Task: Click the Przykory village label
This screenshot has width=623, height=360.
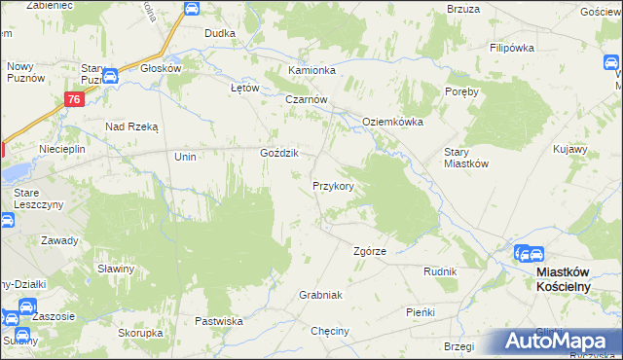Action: [x=339, y=185]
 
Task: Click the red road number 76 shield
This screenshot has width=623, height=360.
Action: [x=74, y=99]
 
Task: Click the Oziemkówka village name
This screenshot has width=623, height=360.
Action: [x=393, y=122]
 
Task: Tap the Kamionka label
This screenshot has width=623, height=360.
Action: [x=311, y=71]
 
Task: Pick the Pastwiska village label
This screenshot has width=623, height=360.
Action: [x=218, y=320]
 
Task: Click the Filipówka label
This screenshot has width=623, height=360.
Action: [x=514, y=47]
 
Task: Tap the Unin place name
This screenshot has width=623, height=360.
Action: [x=185, y=157]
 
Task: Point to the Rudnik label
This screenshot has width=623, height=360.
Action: [x=440, y=271]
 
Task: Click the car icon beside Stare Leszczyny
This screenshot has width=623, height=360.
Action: [x=8, y=219]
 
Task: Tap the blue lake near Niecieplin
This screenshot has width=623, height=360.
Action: [x=14, y=172]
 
